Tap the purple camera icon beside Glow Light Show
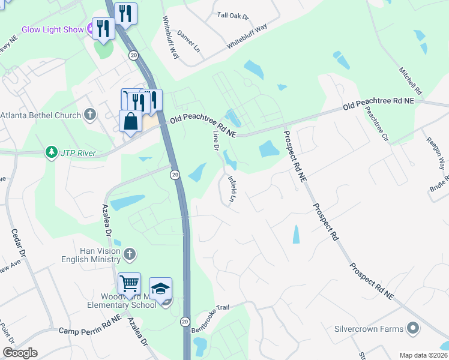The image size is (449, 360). pos(89,27)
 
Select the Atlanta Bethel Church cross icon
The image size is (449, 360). pos(90,114)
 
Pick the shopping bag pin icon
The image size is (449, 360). pos(131,122)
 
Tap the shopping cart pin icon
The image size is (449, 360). pos(129,284)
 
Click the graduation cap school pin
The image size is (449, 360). pos(160,289)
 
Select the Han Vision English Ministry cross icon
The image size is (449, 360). pos(129,254)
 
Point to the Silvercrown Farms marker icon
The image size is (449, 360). pos(412,329)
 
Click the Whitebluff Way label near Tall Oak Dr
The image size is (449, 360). pos(247,37)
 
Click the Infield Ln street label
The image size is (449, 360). pos(231,188)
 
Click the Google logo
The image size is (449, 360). pos(20,353)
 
